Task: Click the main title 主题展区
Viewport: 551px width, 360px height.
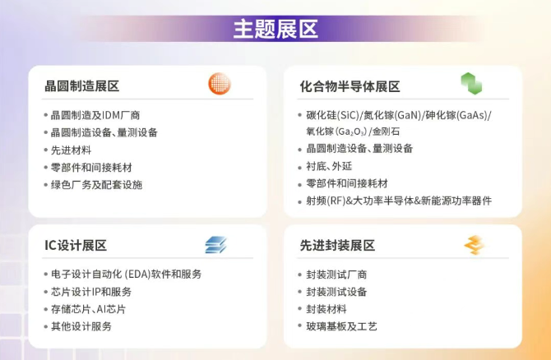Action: click(x=275, y=29)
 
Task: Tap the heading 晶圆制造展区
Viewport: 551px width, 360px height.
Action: click(x=82, y=86)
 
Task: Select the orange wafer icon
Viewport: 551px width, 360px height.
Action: click(x=220, y=84)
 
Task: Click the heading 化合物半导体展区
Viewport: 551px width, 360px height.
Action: click(x=350, y=86)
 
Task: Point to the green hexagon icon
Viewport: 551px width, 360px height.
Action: click(x=471, y=84)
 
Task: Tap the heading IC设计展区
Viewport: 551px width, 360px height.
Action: click(x=76, y=245)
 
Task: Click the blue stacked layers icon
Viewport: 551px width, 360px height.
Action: click(x=215, y=245)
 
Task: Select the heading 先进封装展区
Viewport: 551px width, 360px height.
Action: click(x=337, y=246)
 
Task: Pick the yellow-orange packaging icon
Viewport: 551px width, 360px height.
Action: click(x=475, y=245)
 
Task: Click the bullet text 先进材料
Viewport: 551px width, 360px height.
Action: click(x=71, y=150)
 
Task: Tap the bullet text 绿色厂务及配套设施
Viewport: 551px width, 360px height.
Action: click(x=97, y=185)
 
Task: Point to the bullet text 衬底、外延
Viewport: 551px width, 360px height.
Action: click(x=329, y=166)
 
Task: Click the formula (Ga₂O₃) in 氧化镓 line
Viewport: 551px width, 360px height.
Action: click(x=351, y=132)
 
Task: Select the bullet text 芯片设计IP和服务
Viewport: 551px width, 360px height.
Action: click(x=91, y=292)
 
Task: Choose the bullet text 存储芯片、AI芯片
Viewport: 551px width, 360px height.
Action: click(x=89, y=309)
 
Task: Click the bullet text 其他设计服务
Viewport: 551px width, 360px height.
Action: click(x=81, y=326)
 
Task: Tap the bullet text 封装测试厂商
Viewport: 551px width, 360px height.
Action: click(x=336, y=275)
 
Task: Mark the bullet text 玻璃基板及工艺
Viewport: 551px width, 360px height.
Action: click(x=341, y=326)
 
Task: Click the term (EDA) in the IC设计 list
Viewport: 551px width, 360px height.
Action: click(x=138, y=275)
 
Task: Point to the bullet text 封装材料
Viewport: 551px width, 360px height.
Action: click(x=326, y=309)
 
